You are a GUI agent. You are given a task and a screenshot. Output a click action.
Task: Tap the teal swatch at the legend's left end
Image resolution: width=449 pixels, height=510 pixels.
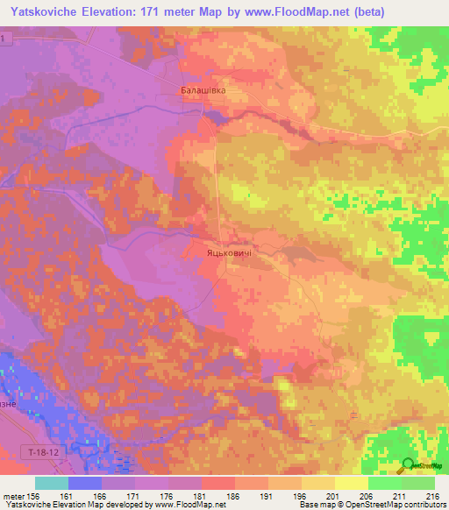coord(51,482)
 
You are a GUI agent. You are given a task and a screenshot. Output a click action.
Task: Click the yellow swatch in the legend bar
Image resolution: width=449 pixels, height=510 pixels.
coord(351,482)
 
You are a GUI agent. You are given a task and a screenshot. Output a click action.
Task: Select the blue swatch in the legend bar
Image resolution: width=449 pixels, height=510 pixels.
coord(84,482)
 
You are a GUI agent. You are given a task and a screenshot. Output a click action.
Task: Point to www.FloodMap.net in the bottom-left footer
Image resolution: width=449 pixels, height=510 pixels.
coord(188,504)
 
